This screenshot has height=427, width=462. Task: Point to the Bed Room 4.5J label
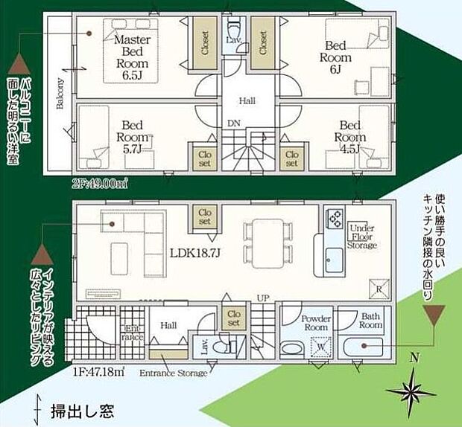(349, 137)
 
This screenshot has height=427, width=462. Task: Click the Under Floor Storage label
(362, 236)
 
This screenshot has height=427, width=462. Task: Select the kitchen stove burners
(333, 218)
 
